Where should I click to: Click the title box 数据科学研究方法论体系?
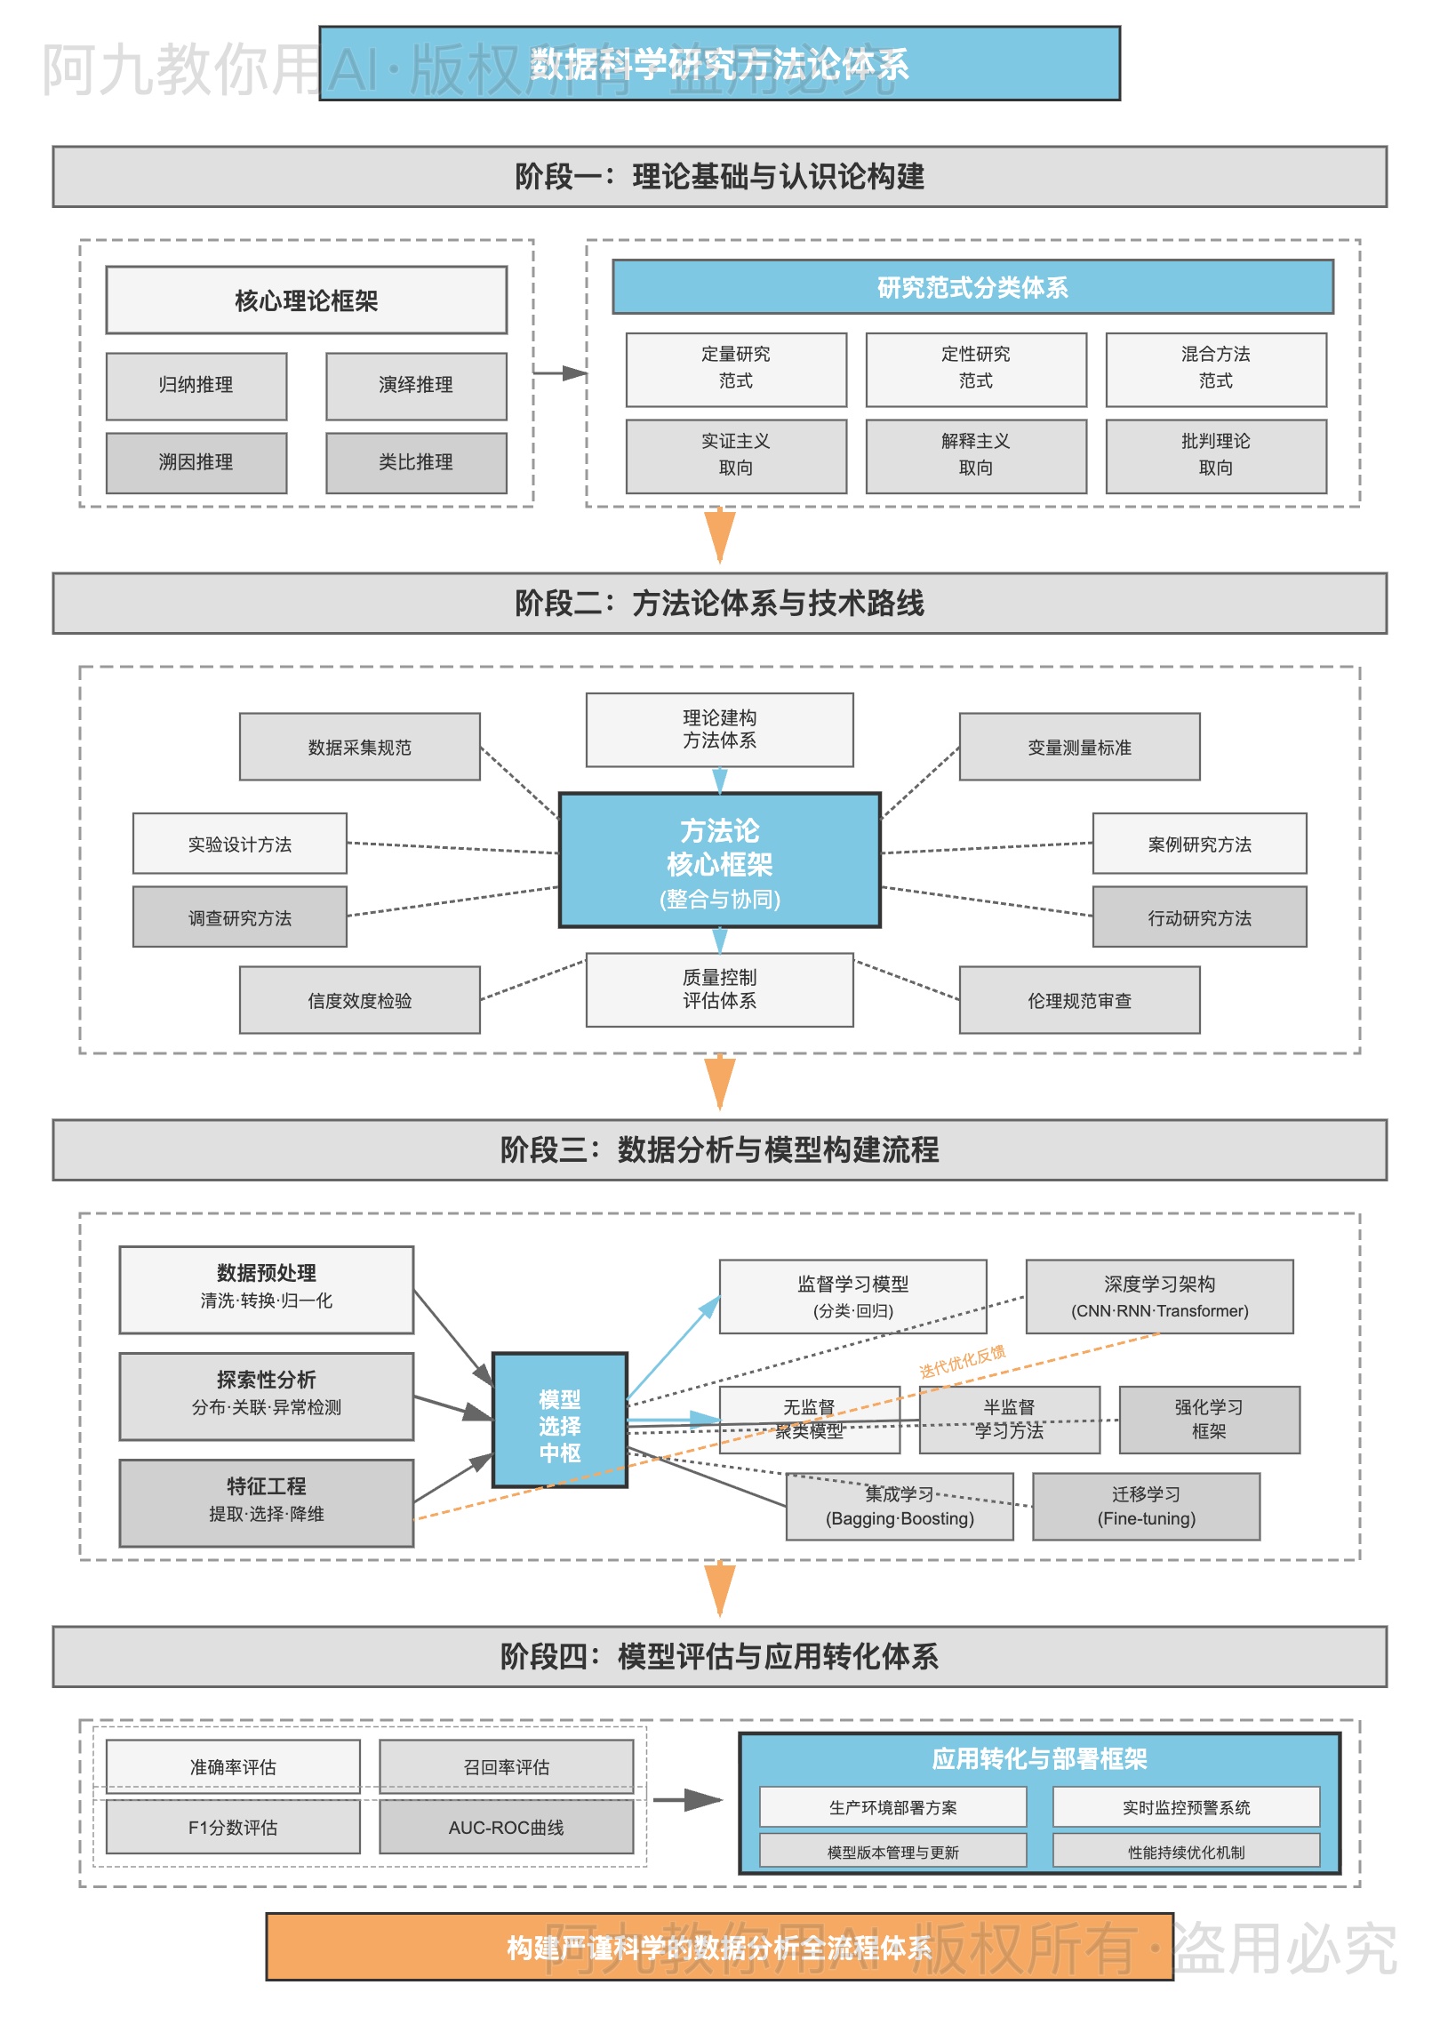[719, 63]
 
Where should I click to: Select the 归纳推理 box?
[196, 385]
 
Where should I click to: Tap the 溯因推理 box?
[196, 462]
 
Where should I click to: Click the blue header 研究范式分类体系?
[972, 287]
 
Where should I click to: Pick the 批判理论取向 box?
[1215, 455]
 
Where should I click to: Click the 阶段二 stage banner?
[719, 603]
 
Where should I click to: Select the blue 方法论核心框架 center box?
[719, 860]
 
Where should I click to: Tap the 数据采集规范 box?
[359, 747]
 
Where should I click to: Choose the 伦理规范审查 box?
[1079, 1000]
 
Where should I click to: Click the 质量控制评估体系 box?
[719, 988]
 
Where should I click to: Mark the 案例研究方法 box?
[1199, 844]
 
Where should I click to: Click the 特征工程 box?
[266, 1502]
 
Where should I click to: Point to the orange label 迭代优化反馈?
[963, 1361]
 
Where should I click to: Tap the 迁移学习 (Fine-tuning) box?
[1146, 1506]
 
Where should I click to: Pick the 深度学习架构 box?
[1159, 1296]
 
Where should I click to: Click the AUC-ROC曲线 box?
[506, 1827]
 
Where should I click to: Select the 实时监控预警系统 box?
[1186, 1807]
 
